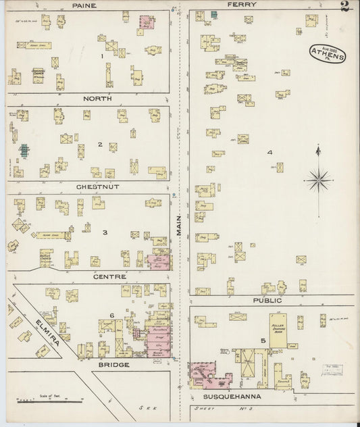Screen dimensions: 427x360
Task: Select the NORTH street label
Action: [97, 99]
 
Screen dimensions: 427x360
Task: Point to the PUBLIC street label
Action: [267, 299]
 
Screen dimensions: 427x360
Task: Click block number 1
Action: [102, 56]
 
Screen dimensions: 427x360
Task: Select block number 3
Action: [105, 232]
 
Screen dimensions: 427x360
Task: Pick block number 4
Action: [269, 152]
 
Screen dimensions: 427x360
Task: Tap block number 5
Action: [263, 340]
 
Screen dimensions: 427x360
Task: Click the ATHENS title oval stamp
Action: [328, 53]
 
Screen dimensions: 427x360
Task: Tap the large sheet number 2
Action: [345, 7]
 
